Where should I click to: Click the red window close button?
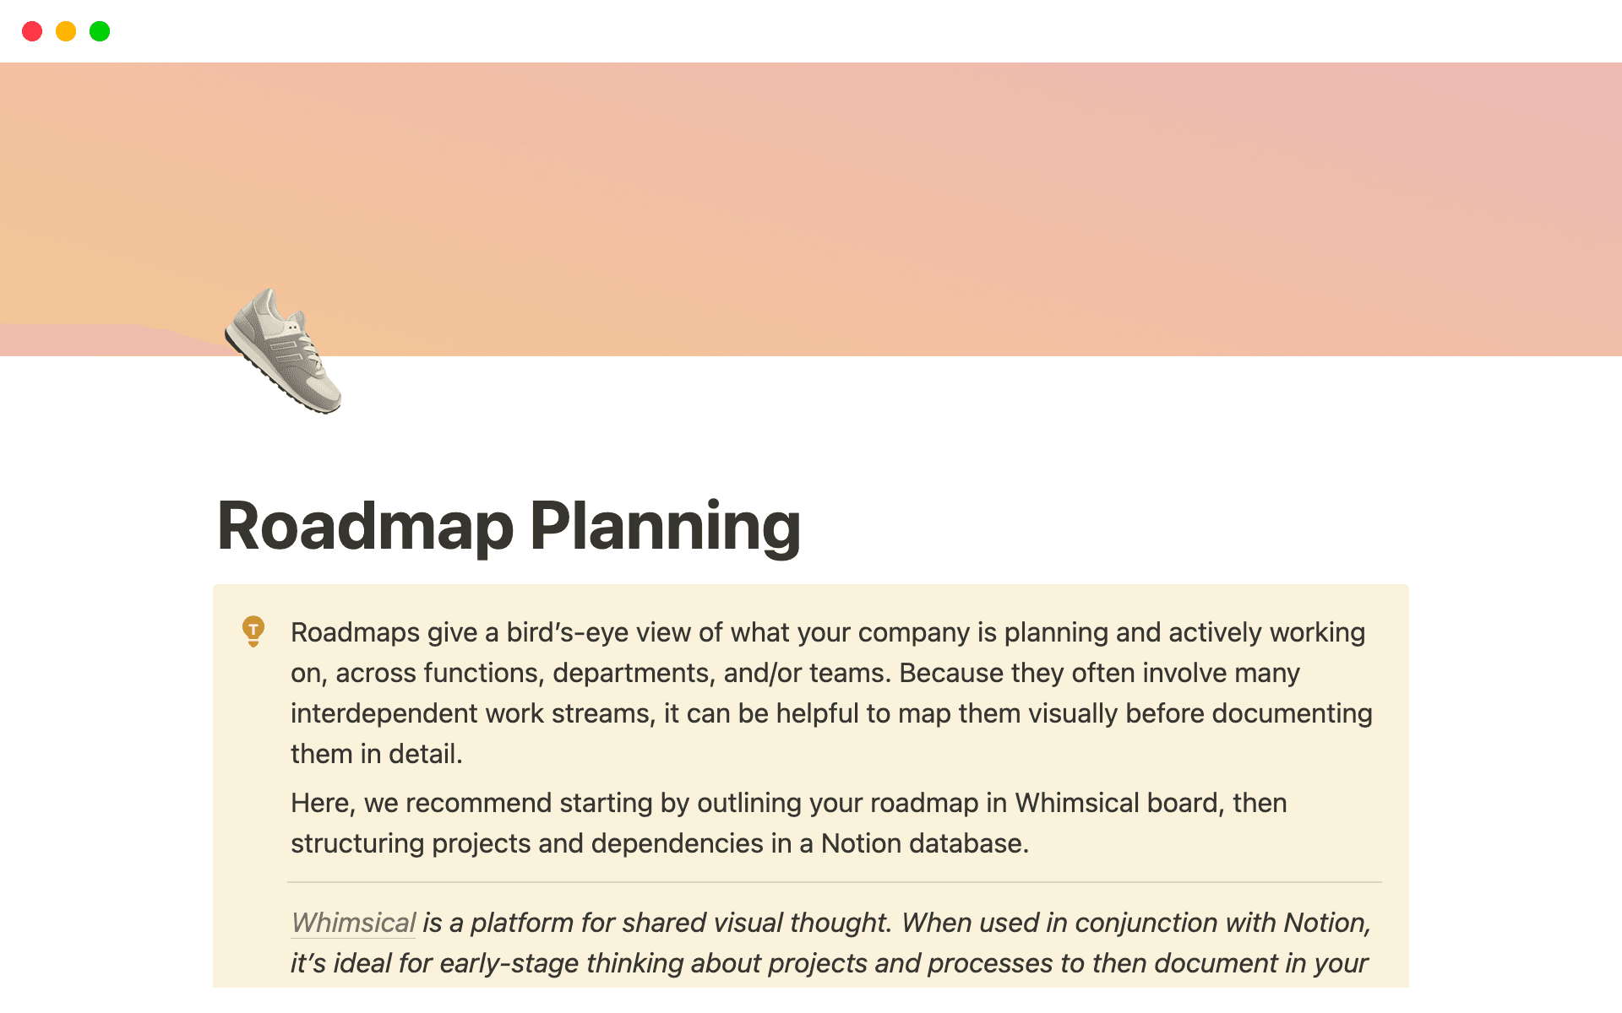coord(32,32)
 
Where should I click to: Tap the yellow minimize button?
coord(66,32)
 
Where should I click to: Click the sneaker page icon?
coord(283,350)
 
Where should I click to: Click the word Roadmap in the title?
coord(365,526)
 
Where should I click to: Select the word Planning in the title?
coord(665,526)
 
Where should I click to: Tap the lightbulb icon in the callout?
coord(253,631)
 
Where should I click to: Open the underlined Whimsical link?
coord(353,923)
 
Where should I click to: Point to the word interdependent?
coord(384,713)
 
